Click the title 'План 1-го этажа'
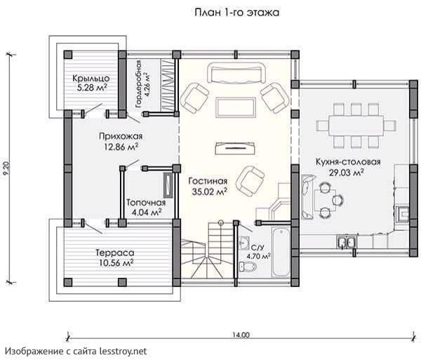coord(237,13)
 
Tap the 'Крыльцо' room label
coord(91,78)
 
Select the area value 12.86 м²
coord(121,147)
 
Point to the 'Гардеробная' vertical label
coord(138,84)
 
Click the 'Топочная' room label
coord(146,202)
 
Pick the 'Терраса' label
coord(115,253)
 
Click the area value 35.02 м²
coord(210,192)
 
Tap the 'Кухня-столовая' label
coord(348,162)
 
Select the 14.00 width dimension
coord(241,335)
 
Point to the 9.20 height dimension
coord(7,168)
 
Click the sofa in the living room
coord(237,73)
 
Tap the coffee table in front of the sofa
coord(235,107)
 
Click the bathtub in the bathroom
coord(281,252)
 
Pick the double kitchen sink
coord(347,241)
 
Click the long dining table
coord(356,126)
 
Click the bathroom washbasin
coord(244,241)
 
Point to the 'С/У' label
coord(255,247)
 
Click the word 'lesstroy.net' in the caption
coord(123,351)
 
